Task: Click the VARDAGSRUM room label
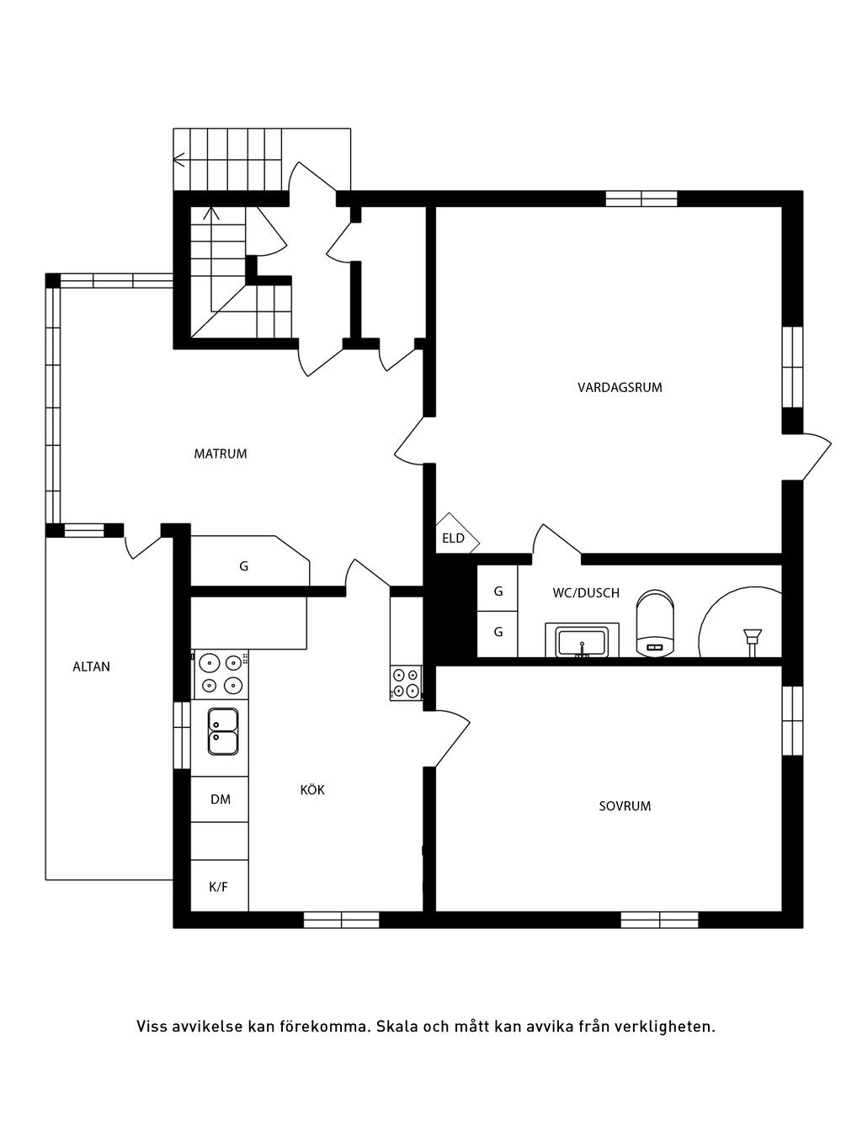(620, 388)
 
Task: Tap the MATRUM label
(221, 454)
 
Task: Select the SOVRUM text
(625, 806)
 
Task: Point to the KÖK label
(312, 789)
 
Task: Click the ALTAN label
(92, 666)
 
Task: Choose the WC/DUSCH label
(586, 592)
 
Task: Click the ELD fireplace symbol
(457, 533)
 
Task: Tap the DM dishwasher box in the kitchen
(220, 799)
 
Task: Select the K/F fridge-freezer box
(220, 885)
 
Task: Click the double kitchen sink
(223, 731)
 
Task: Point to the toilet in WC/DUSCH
(655, 622)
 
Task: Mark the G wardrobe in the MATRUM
(250, 561)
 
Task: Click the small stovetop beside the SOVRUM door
(406, 683)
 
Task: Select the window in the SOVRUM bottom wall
(659, 920)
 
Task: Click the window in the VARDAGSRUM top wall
(641, 199)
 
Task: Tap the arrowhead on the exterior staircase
(178, 160)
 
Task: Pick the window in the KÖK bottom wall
(341, 920)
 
